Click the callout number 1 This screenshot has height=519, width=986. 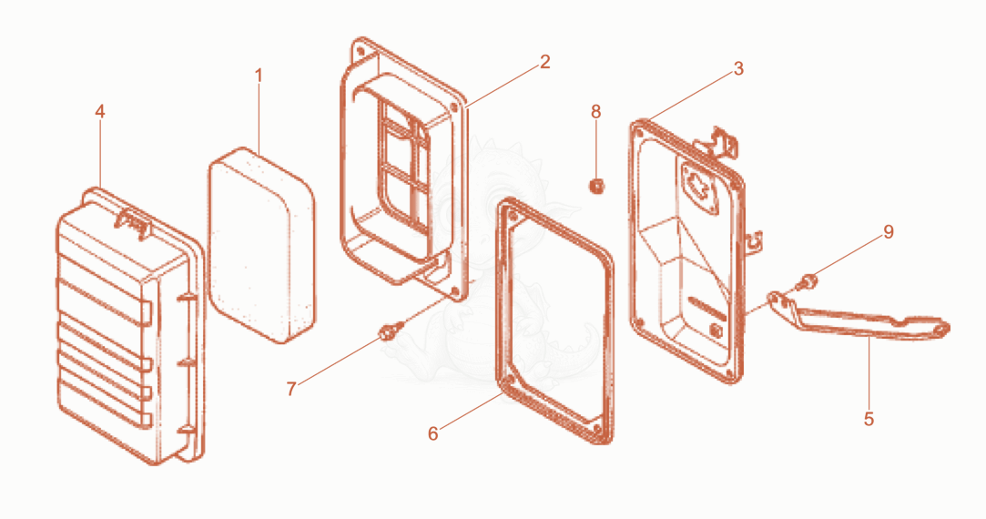258,76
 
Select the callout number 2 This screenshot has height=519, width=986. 544,62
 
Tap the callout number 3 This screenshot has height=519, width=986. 738,68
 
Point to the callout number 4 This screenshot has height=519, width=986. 99,111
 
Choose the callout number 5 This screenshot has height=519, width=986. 869,419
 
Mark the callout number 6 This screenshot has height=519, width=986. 432,434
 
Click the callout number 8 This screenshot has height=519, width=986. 595,112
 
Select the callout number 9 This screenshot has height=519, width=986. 888,232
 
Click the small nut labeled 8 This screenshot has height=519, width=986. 596,187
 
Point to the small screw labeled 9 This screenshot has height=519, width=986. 807,281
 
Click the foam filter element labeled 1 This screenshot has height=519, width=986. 261,245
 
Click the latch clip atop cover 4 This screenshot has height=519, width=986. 133,223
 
